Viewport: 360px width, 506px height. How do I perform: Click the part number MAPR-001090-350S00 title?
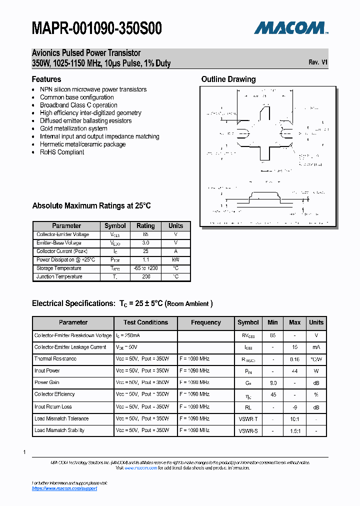coord(96,28)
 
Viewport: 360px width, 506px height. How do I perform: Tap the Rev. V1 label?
coord(318,62)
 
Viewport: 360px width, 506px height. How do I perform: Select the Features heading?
coord(46,79)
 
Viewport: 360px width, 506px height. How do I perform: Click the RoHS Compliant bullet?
coord(62,152)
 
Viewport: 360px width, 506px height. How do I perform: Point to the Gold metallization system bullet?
coord(73,128)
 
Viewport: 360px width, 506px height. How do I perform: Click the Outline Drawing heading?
coord(228,79)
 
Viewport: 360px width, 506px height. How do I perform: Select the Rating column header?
coord(145,226)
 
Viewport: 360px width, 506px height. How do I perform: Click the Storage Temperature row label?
coord(59,268)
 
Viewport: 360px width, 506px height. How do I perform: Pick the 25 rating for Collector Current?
coord(145,251)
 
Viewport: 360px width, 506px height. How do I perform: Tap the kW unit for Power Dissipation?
coord(175,260)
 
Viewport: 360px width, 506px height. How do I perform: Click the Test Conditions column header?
coord(145,322)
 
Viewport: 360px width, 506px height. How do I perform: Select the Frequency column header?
coord(205,322)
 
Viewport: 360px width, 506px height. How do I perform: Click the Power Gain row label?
coord(47,382)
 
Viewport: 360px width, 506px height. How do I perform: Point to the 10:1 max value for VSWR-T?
coord(294,418)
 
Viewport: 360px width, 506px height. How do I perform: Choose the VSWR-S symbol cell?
coord(248,430)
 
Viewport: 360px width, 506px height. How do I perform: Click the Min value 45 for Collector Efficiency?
coord(272,394)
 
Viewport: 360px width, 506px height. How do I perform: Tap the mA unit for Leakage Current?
coord(316,347)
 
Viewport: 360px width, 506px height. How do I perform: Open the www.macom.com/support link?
coord(64,488)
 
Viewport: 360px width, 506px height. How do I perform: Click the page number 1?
coord(24,452)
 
